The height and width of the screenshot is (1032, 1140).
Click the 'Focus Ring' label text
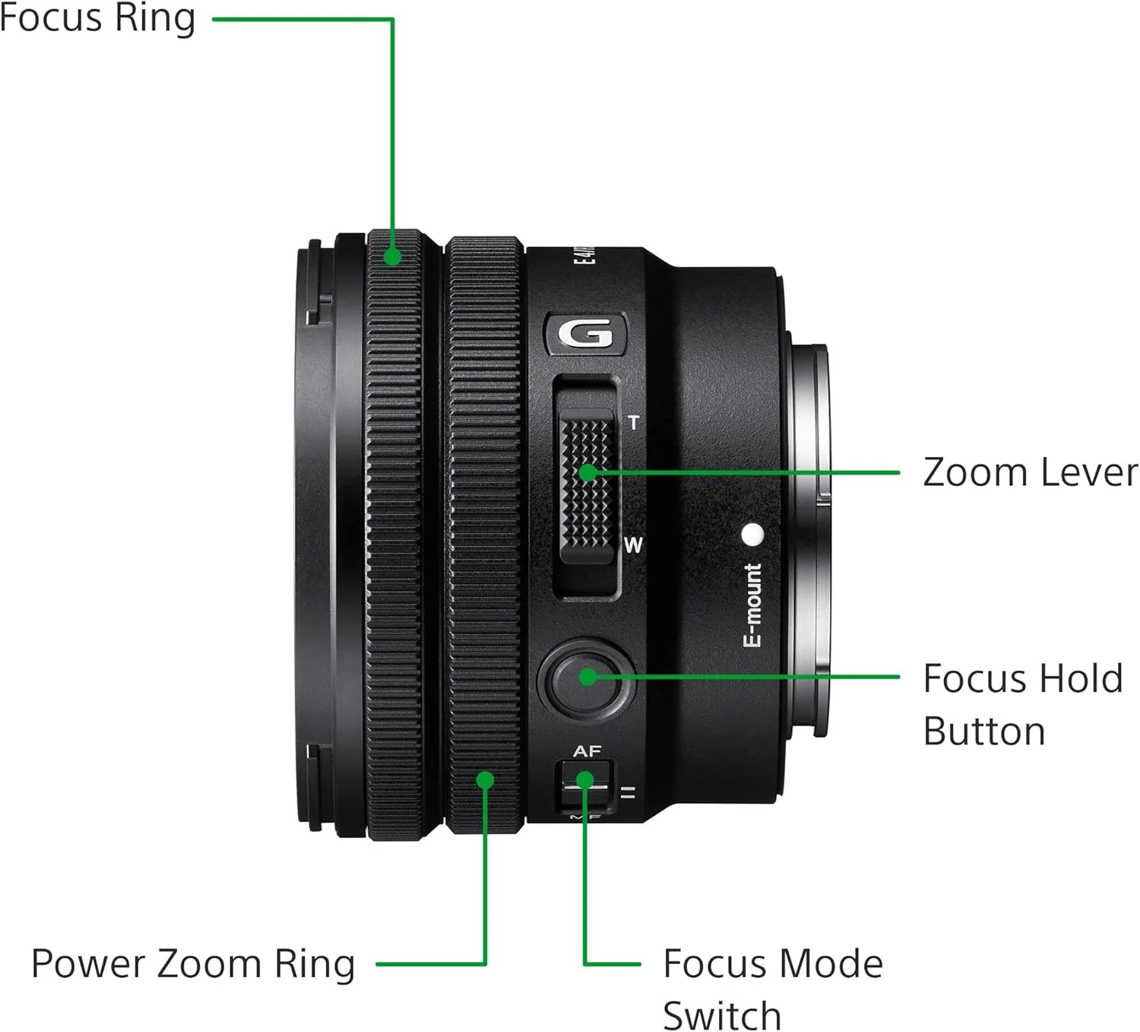(97, 18)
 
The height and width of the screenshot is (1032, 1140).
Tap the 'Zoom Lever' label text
(1030, 472)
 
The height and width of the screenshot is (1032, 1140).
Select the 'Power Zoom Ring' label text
(193, 964)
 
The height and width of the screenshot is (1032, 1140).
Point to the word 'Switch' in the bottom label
(721, 1015)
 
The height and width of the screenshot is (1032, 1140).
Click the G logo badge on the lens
(586, 334)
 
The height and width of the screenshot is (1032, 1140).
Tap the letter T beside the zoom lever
(633, 422)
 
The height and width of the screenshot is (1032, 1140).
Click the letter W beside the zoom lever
(633, 545)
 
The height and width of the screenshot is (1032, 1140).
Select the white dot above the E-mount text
(752, 535)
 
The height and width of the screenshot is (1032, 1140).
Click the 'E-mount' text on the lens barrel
(752, 605)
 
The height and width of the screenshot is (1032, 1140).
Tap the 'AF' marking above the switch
(587, 751)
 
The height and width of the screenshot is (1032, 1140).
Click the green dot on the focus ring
(392, 256)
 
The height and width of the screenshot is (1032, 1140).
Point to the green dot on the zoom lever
(587, 473)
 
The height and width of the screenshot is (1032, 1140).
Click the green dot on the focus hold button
(587, 676)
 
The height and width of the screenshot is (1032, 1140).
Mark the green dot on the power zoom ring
(485, 780)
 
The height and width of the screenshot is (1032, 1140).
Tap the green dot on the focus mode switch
(584, 780)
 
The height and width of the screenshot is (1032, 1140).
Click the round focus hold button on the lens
(586, 677)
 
